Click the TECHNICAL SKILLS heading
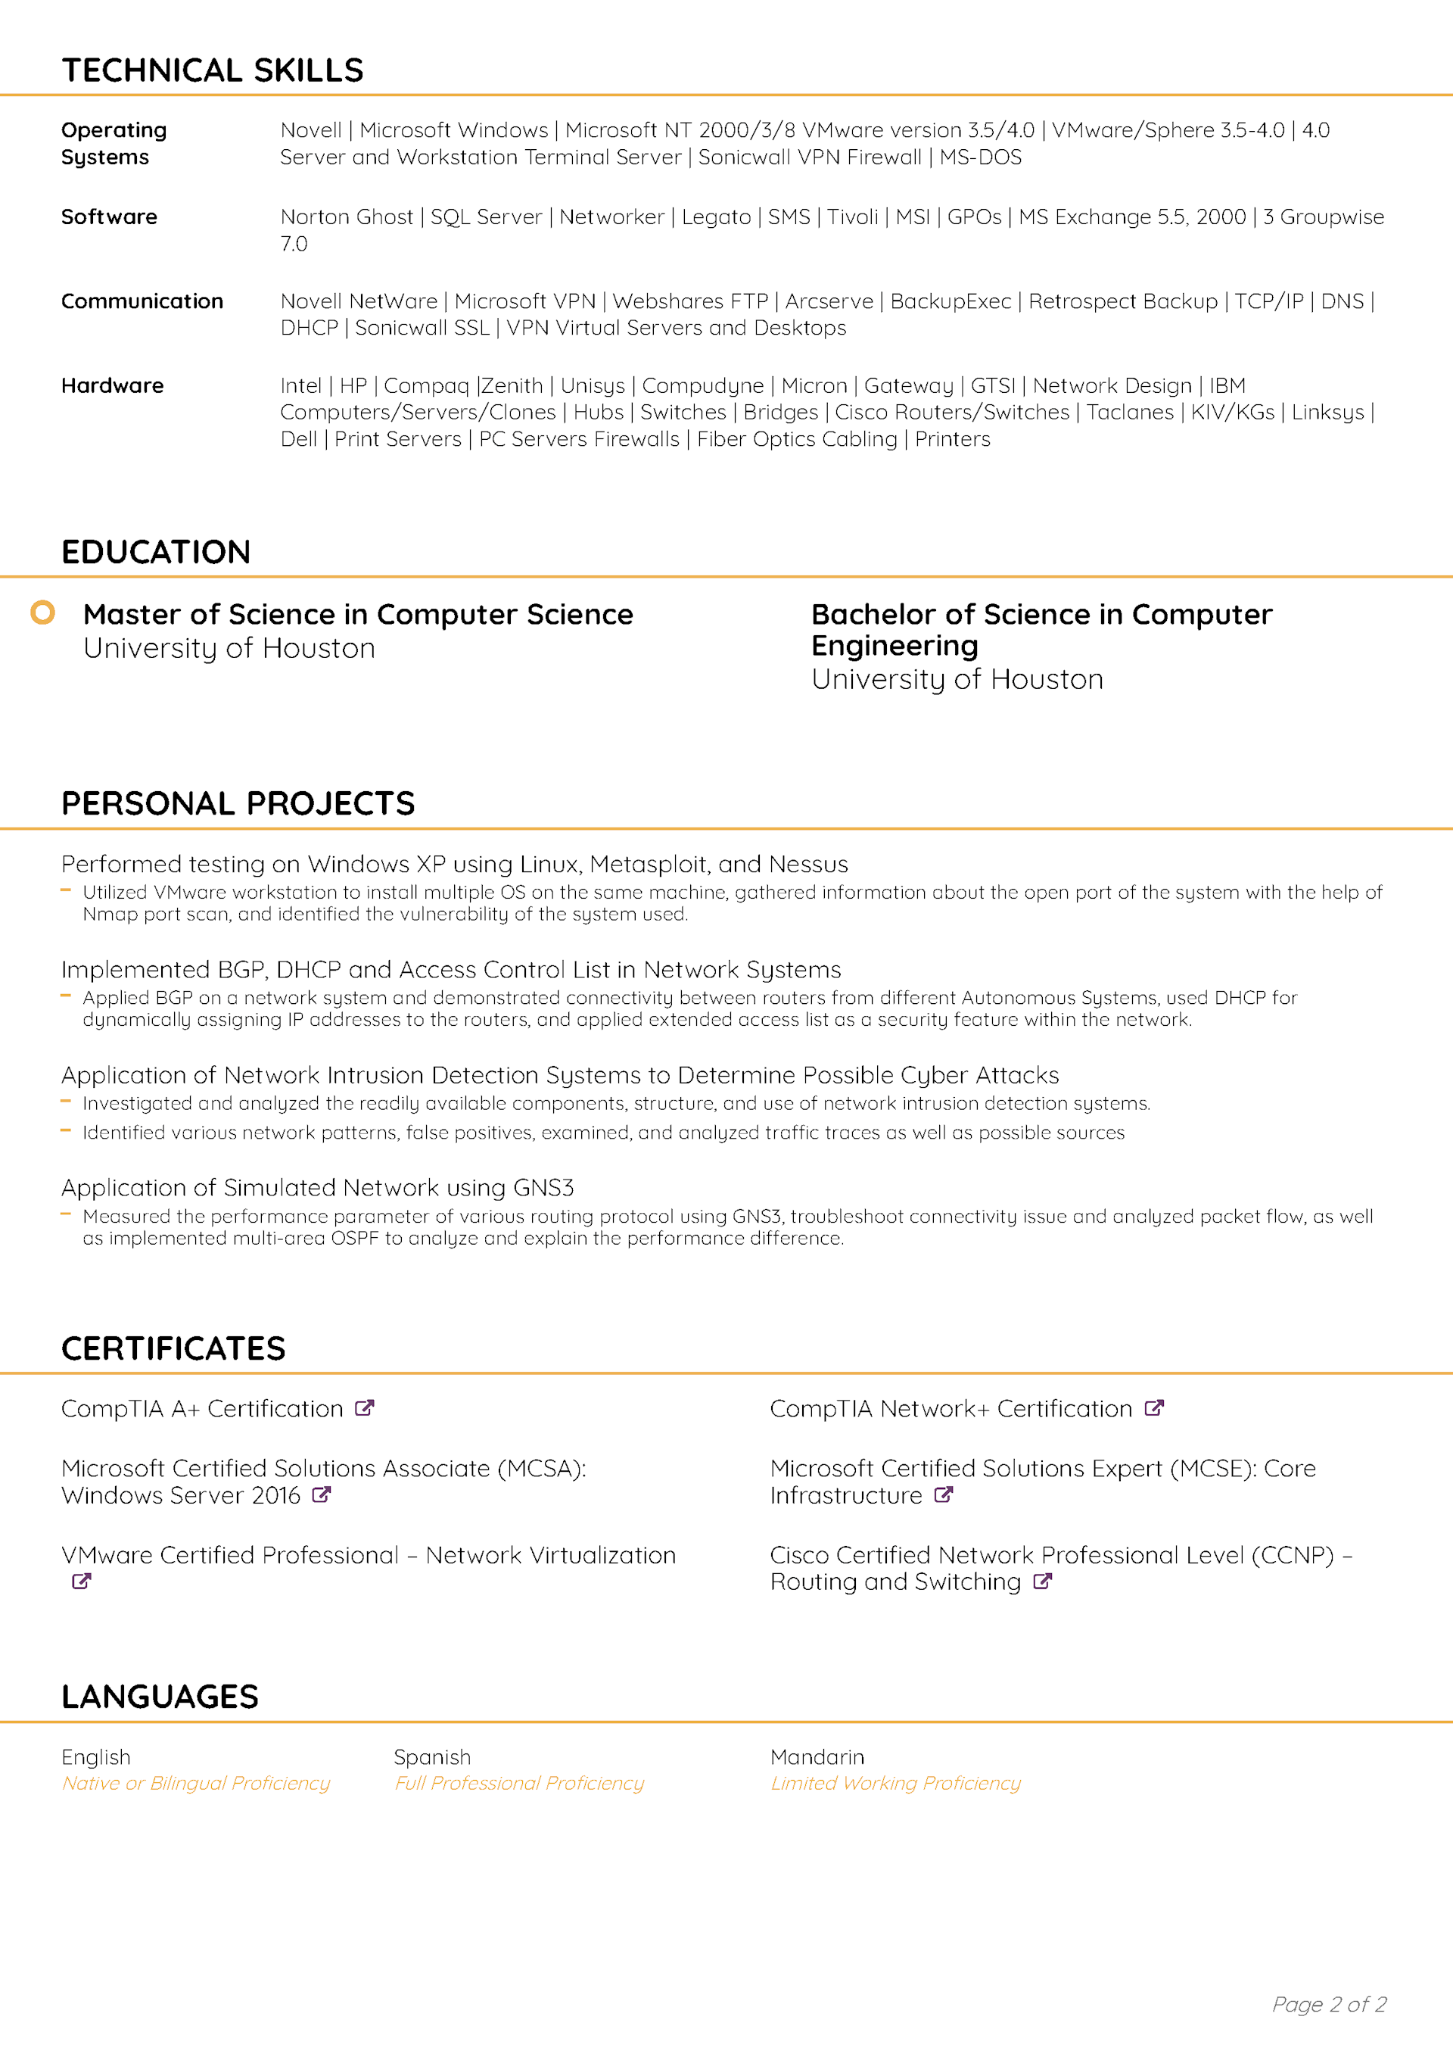(213, 70)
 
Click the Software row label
(109, 217)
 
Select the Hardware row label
(112, 385)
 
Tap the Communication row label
(142, 301)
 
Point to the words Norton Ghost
(347, 217)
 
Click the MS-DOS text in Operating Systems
(980, 157)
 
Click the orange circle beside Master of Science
(43, 612)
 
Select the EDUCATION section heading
(156, 552)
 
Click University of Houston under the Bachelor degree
(957, 679)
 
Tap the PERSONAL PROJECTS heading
(238, 803)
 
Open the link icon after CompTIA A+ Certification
(364, 1408)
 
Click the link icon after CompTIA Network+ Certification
(1154, 1408)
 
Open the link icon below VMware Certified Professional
(82, 1582)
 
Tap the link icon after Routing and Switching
(1042, 1582)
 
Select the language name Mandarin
(817, 1757)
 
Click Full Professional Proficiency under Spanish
(518, 1783)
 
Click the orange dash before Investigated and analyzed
(65, 1102)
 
